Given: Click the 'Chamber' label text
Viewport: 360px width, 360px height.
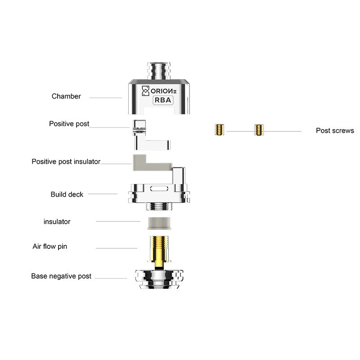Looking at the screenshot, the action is click(x=66, y=96).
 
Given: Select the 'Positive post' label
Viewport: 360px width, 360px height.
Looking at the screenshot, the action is click(x=69, y=124).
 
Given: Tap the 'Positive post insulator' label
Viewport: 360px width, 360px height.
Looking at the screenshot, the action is click(x=66, y=162).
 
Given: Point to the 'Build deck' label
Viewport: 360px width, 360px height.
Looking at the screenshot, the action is click(x=67, y=194).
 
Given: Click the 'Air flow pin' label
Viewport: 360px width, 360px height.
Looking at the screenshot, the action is click(x=50, y=246).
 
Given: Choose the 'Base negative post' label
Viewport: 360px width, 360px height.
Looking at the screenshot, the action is click(x=61, y=276).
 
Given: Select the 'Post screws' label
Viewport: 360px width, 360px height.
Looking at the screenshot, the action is click(x=335, y=130).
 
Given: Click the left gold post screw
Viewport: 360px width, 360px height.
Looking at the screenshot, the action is click(x=220, y=130).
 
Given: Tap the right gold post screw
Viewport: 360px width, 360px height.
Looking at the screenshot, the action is click(x=259, y=130).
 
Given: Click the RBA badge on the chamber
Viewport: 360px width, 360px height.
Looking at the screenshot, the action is click(x=163, y=100).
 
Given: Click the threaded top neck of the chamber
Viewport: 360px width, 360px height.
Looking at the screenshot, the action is click(x=159, y=71).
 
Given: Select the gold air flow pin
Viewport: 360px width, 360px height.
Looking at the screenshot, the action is click(x=159, y=252).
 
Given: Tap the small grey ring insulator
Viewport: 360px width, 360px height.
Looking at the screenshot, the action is click(x=159, y=223).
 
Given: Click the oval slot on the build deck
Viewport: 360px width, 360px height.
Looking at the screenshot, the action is click(x=159, y=189).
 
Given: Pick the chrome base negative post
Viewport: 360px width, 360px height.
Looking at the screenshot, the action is click(x=159, y=279).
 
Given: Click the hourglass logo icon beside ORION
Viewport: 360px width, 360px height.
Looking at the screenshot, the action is click(x=145, y=91).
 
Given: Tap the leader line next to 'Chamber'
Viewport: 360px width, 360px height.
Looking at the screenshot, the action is click(x=106, y=98).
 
